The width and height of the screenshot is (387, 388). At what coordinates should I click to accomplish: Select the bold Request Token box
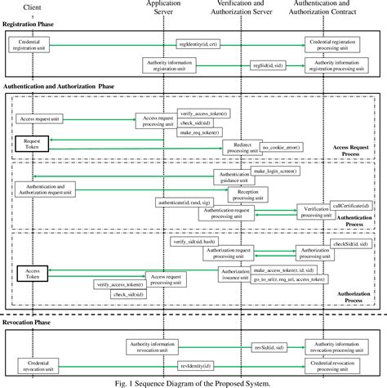pos(33,143)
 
